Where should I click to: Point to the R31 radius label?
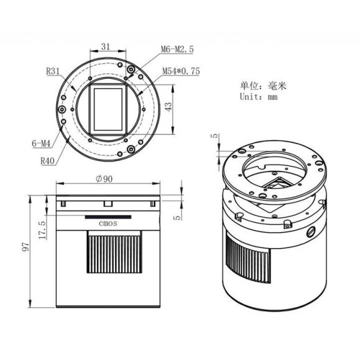tap(53, 71)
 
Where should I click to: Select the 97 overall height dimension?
tap(25, 247)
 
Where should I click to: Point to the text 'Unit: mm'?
tap(259, 96)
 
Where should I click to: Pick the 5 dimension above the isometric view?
tap(214, 136)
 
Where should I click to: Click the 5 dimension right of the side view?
tap(179, 217)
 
